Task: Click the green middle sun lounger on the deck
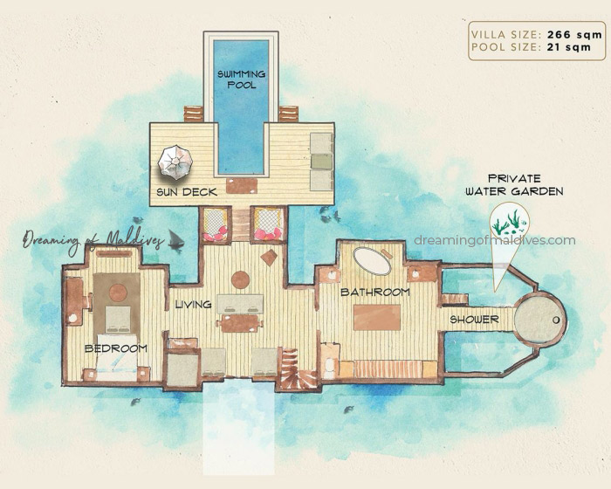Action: coord(321,161)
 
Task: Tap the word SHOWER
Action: coord(474,320)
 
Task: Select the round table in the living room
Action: coord(241,279)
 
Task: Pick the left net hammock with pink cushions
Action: coord(214,225)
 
